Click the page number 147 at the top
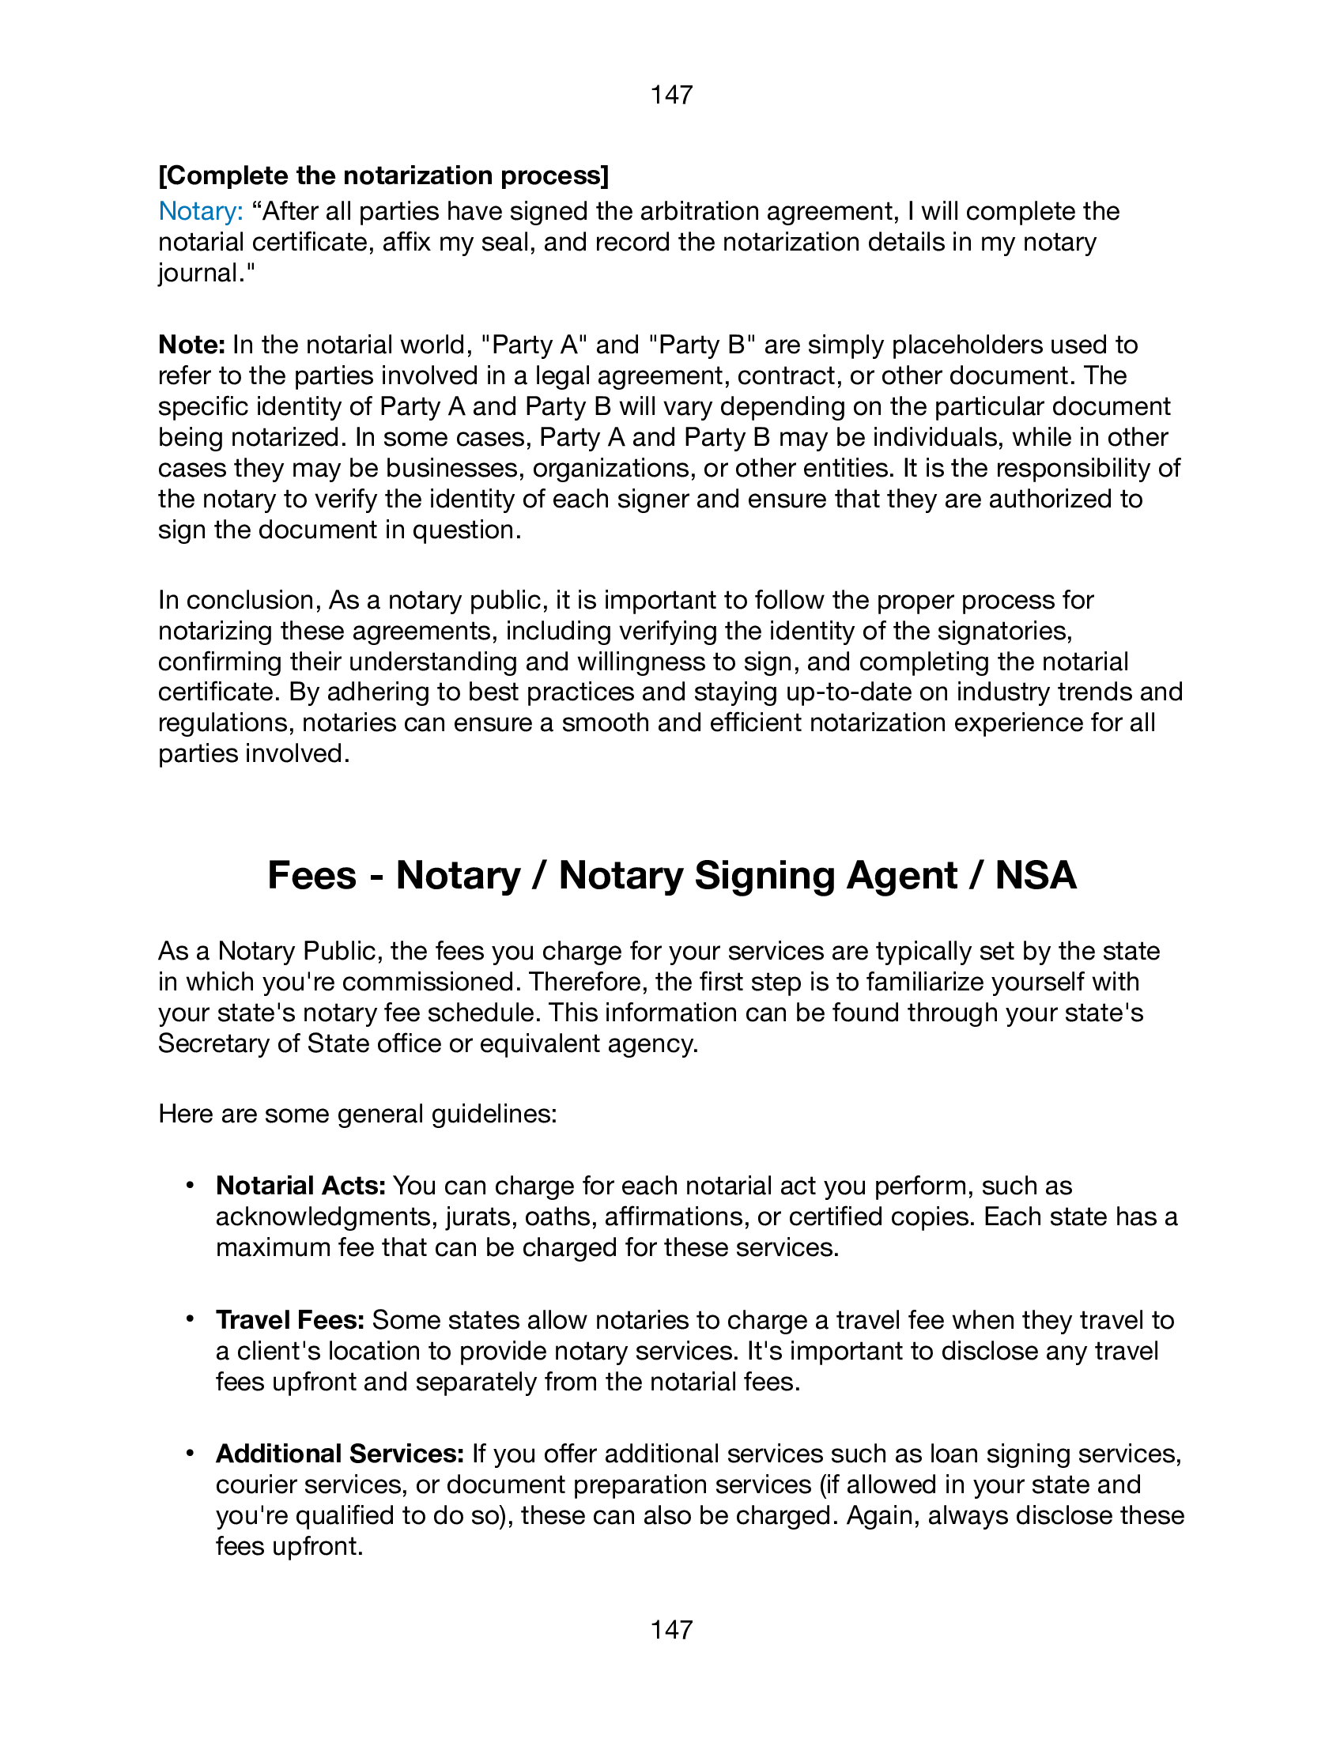(x=671, y=95)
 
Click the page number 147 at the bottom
(x=671, y=1629)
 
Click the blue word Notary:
(x=201, y=211)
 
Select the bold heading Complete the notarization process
(x=383, y=175)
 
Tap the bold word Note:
(x=192, y=345)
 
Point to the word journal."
(x=206, y=273)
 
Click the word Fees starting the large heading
(x=311, y=875)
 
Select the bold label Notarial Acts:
(x=300, y=1186)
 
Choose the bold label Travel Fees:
(x=290, y=1320)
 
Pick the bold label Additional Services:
(x=340, y=1454)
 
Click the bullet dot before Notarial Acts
(x=190, y=1186)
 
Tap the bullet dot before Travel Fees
(x=190, y=1319)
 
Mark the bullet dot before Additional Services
(x=190, y=1453)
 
